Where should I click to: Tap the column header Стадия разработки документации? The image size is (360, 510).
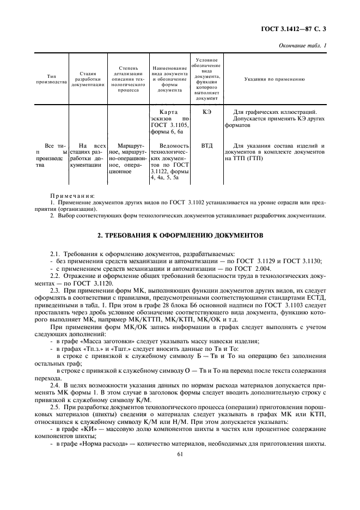(88, 79)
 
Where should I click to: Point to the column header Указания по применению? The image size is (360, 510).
(276, 80)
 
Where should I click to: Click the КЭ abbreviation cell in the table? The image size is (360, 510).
(206, 112)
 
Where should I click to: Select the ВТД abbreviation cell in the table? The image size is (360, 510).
(206, 145)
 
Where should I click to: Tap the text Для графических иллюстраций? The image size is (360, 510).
(274, 112)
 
